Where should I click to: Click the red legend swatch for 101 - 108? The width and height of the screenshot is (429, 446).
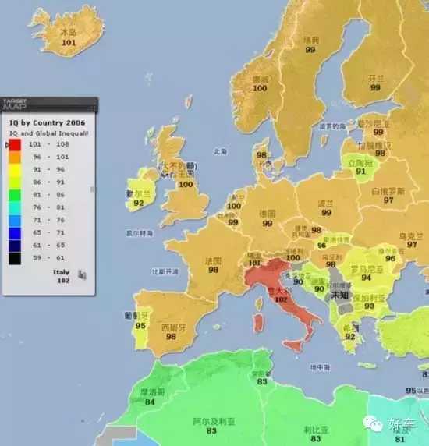[x=15, y=143]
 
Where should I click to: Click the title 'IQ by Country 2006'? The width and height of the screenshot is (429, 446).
[x=47, y=123]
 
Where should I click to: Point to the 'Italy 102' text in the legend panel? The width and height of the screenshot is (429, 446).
[x=62, y=276]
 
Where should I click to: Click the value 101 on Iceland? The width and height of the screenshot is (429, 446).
[x=69, y=43]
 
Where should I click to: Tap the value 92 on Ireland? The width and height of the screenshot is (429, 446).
[x=140, y=203]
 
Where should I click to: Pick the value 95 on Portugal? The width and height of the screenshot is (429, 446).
[x=140, y=325]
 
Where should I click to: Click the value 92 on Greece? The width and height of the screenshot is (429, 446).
[x=350, y=337]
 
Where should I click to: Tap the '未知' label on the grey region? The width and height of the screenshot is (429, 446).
[x=339, y=296]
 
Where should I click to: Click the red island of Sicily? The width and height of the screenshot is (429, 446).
[x=293, y=344]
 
